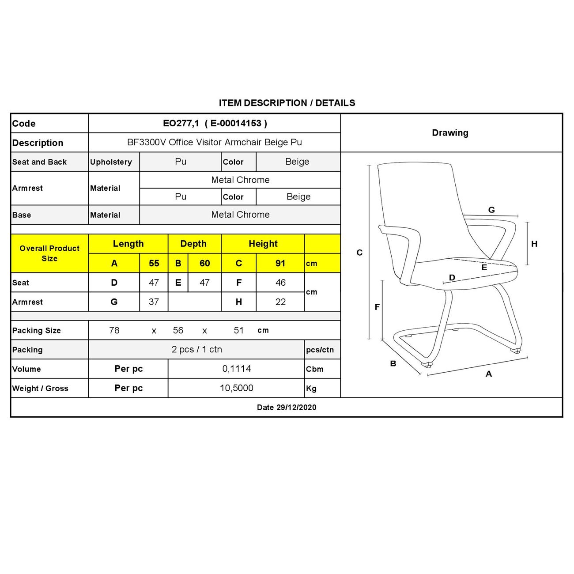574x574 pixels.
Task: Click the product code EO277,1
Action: (181, 124)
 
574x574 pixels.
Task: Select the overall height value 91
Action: (280, 264)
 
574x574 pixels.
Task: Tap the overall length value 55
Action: (154, 264)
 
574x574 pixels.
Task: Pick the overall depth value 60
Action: (204, 264)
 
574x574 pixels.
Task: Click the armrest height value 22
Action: (280, 302)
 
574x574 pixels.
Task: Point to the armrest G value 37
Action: (154, 302)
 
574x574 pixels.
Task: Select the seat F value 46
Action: (280, 283)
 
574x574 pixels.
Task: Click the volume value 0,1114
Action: (237, 369)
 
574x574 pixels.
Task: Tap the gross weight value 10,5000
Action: (237, 388)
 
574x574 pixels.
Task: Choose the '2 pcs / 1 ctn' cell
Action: (196, 349)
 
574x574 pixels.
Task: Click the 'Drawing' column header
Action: (450, 133)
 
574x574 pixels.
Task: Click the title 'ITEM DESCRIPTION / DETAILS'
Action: (287, 103)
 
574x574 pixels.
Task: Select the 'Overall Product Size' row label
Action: (49, 253)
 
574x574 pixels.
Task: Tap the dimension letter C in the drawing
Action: (359, 253)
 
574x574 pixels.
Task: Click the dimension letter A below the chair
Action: (488, 374)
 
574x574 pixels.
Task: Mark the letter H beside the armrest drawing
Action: (534, 244)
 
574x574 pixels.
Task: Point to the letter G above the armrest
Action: (491, 210)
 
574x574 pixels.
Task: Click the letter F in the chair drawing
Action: (377, 307)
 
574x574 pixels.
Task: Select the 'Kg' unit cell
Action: (311, 389)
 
